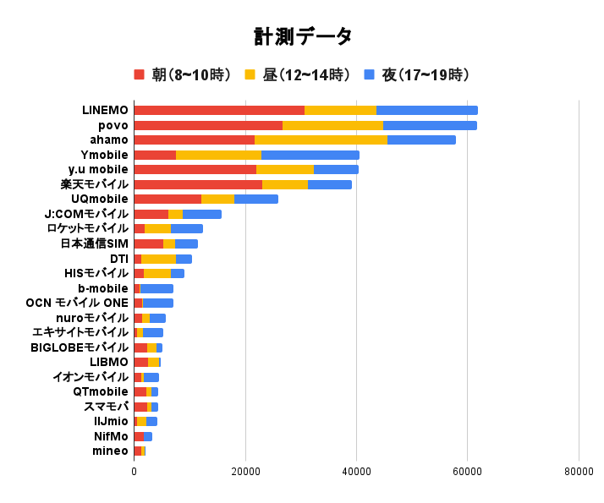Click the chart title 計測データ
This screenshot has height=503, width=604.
click(x=302, y=36)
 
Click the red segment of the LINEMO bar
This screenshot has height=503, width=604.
click(x=219, y=110)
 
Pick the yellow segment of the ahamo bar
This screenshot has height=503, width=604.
click(x=321, y=139)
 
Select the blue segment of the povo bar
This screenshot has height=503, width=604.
click(x=430, y=125)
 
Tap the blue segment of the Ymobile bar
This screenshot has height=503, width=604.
click(x=310, y=155)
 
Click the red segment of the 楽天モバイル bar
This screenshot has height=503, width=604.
click(x=198, y=184)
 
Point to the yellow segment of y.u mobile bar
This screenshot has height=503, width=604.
click(x=285, y=169)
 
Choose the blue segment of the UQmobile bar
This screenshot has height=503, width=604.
click(x=255, y=199)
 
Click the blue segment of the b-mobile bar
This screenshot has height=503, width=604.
click(x=156, y=288)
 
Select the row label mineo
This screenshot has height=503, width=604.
click(x=110, y=451)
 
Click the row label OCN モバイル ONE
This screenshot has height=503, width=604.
click(x=77, y=303)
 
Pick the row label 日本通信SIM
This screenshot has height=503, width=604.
click(x=94, y=243)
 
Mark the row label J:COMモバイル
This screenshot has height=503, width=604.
click(x=86, y=214)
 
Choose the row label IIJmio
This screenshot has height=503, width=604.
click(x=111, y=421)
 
